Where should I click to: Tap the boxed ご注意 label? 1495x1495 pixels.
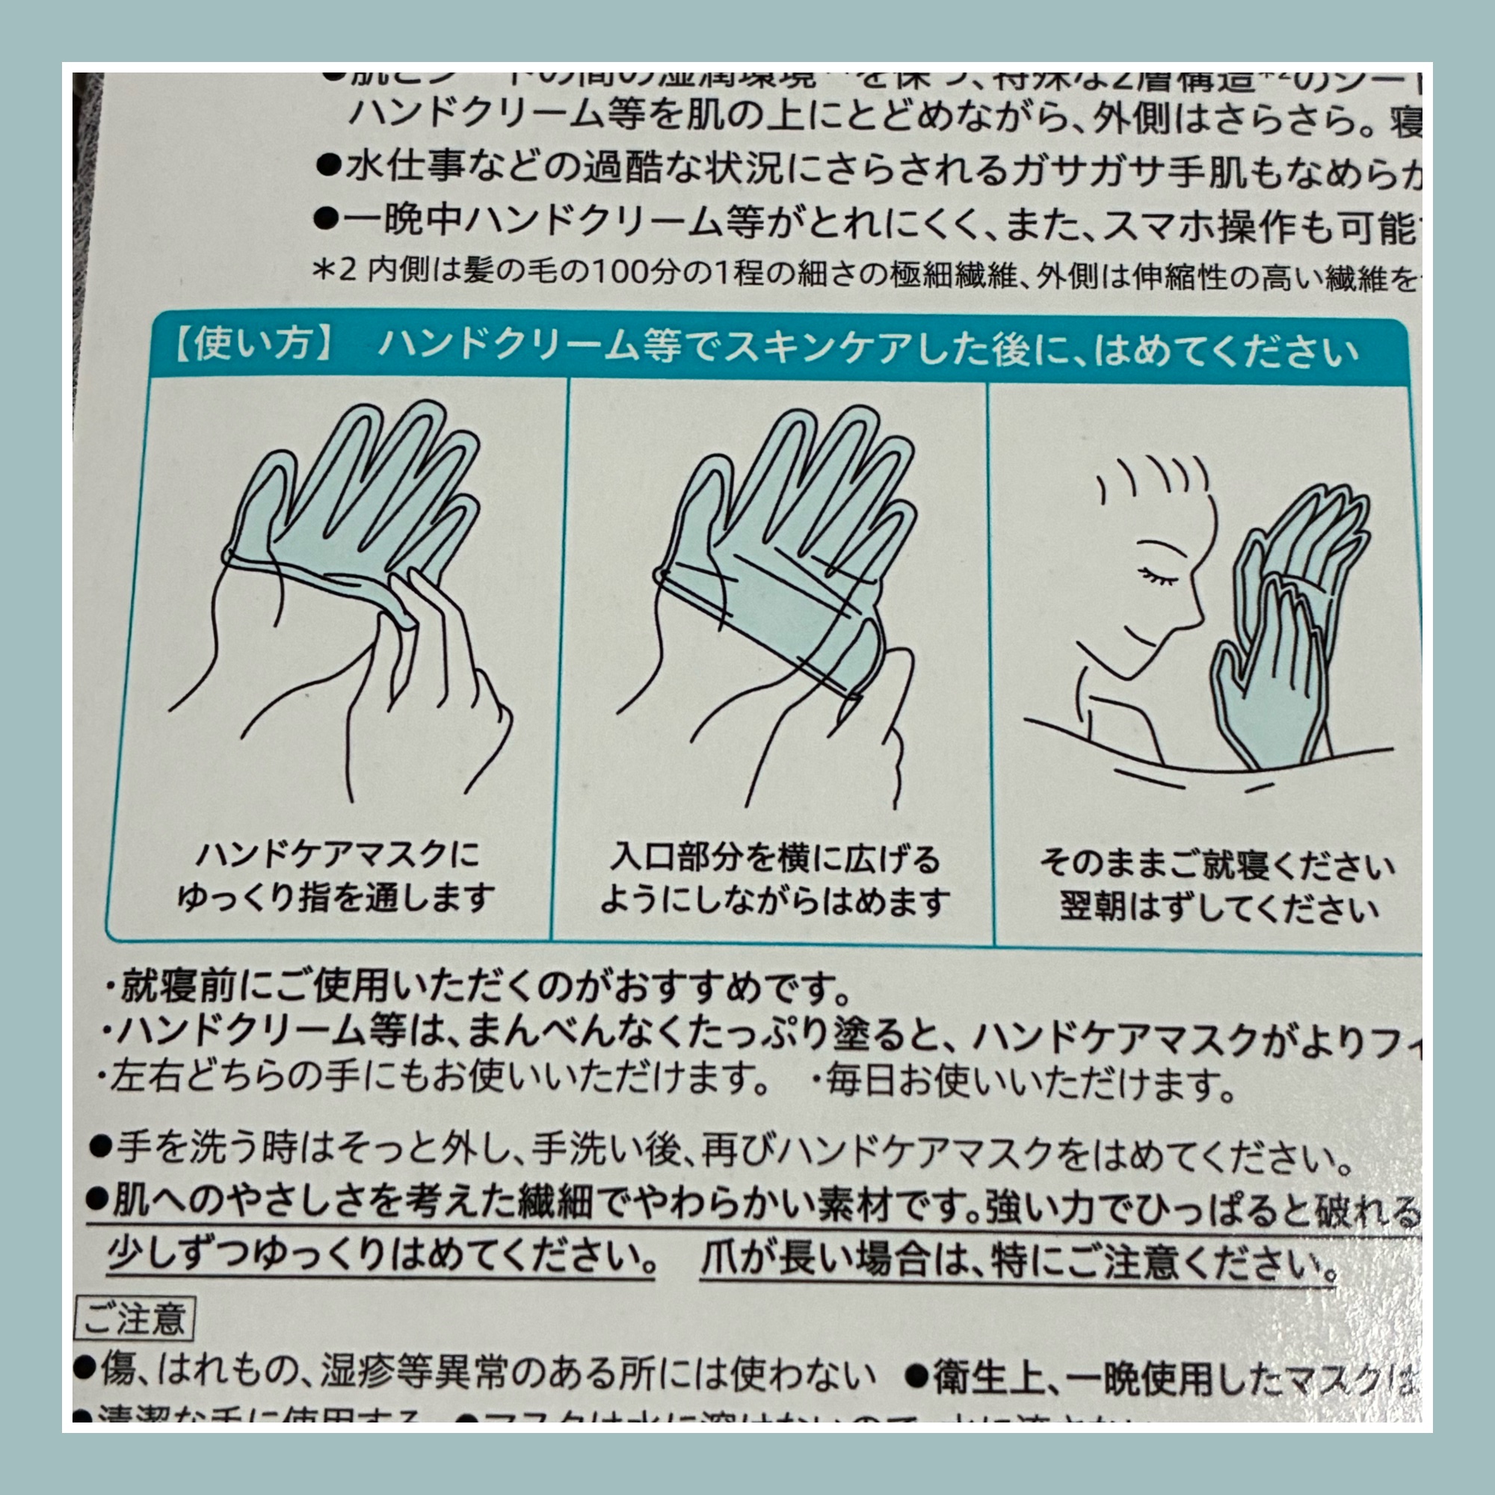[135, 1319]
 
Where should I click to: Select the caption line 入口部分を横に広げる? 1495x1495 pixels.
[774, 858]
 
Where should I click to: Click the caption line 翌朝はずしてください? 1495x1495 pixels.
[1218, 907]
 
